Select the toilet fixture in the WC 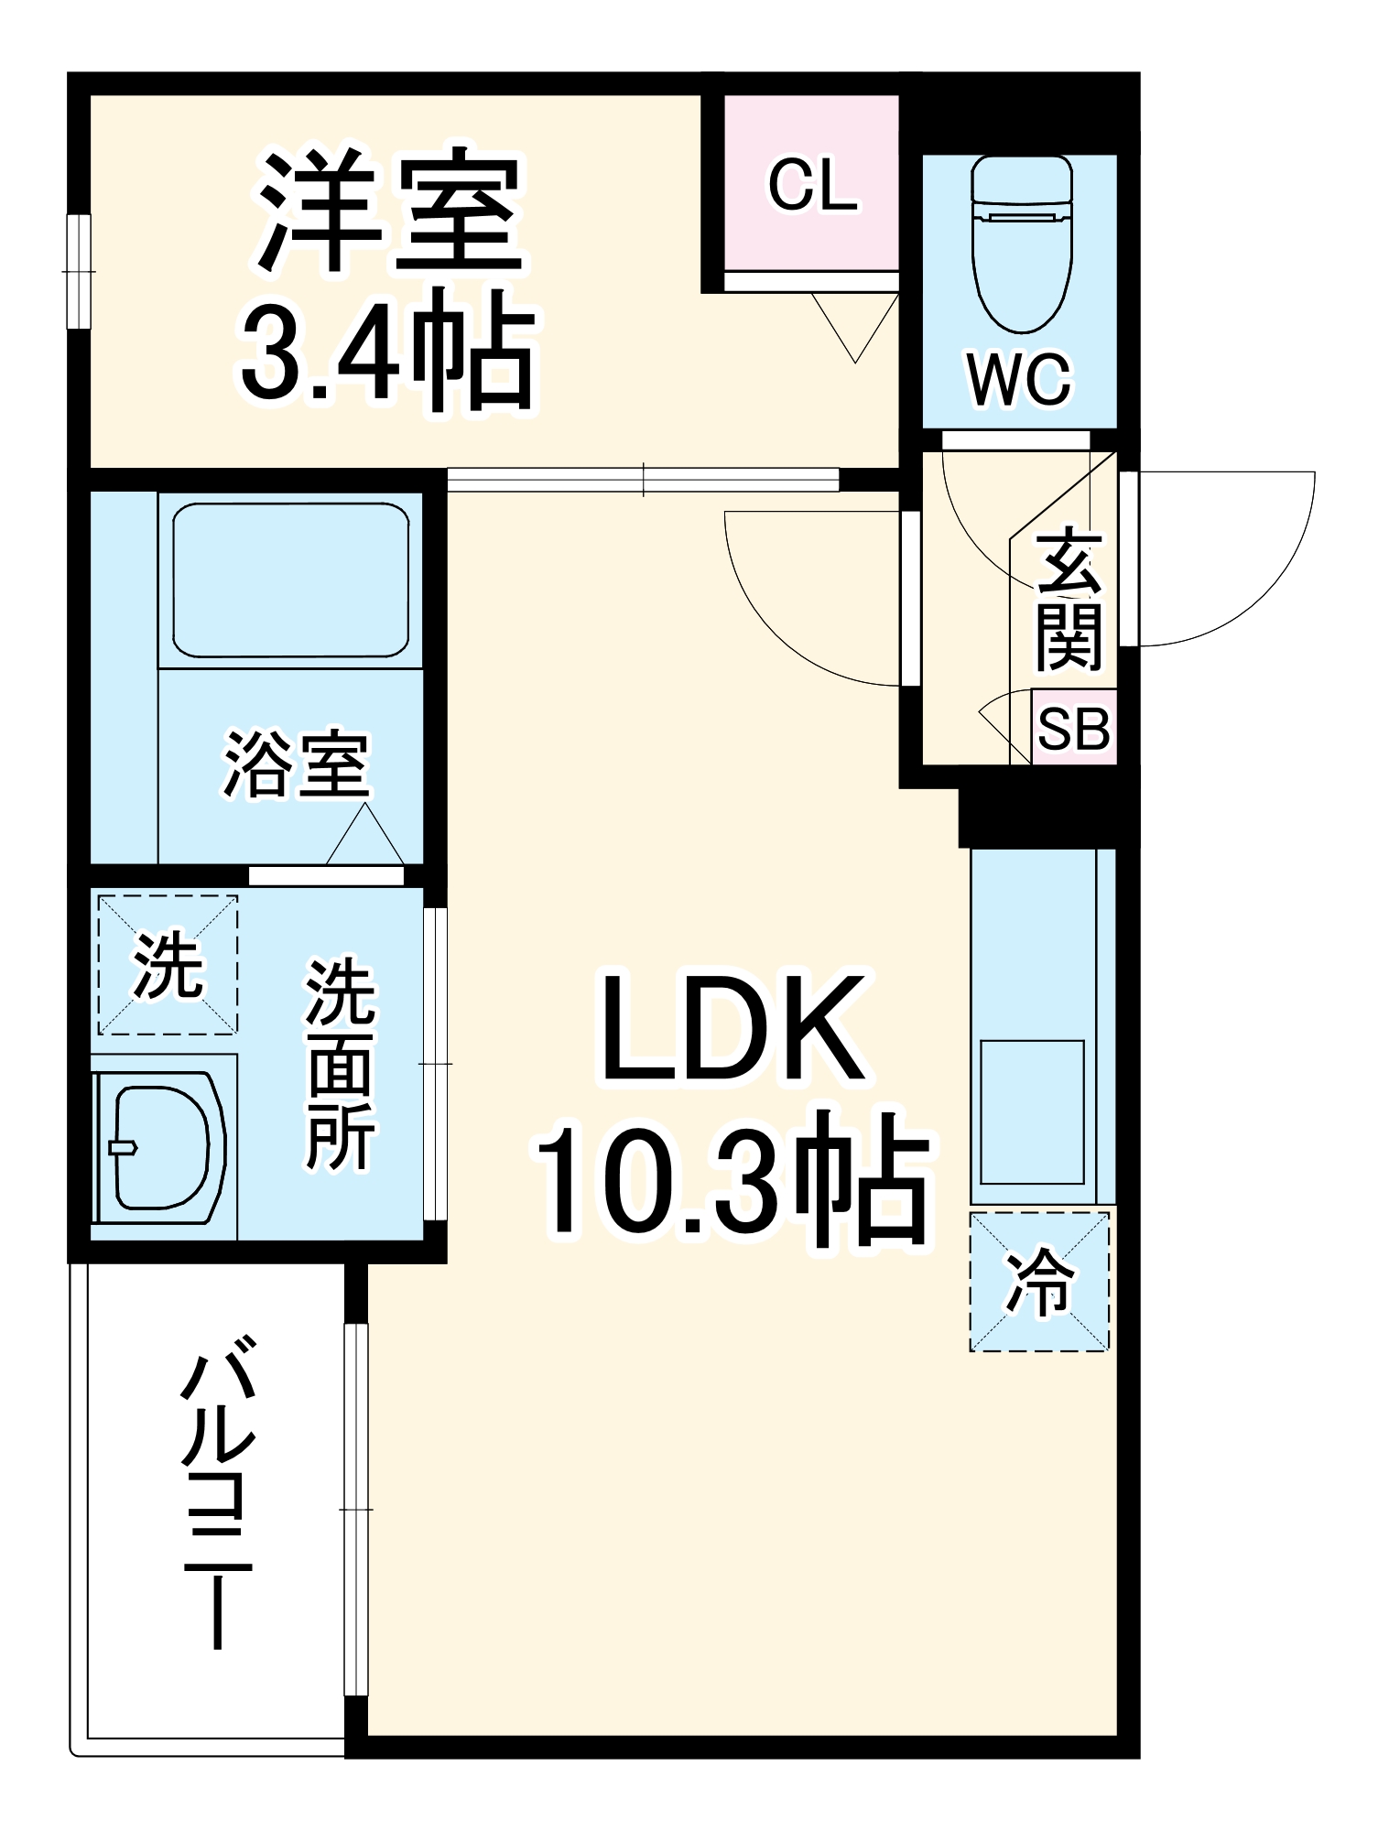tap(1021, 243)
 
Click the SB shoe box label tap(1073, 730)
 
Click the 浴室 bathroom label tap(296, 765)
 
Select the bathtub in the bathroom tap(290, 580)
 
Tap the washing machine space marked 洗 tap(168, 966)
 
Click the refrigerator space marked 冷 tap(1039, 1281)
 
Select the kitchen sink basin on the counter tap(1032, 1111)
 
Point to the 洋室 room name tap(389, 212)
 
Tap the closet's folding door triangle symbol tap(854, 325)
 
